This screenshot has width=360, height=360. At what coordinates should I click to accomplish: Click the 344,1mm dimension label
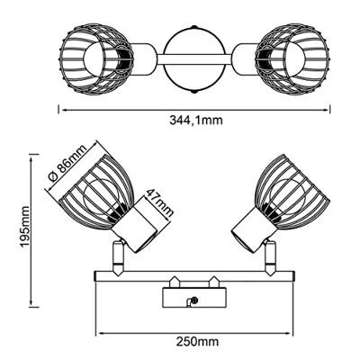tap(196, 121)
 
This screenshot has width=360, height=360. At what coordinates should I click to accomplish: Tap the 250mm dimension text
tap(197, 342)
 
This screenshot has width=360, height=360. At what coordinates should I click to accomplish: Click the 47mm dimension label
tap(159, 203)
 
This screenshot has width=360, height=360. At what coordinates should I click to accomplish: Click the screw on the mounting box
tap(194, 300)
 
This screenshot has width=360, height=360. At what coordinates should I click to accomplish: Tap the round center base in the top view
tap(193, 59)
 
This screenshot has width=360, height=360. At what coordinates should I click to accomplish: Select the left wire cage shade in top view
tap(96, 58)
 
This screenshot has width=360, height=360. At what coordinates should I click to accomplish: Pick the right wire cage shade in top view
tap(292, 58)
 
